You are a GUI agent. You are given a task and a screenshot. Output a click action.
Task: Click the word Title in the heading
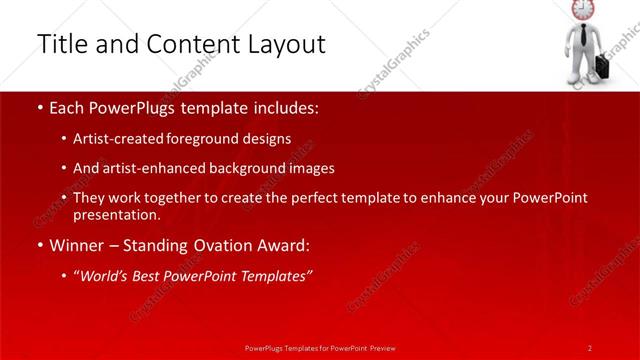[x=59, y=44]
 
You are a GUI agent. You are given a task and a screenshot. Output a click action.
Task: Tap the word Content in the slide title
[x=192, y=44]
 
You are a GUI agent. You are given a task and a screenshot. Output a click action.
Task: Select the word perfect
[x=317, y=198]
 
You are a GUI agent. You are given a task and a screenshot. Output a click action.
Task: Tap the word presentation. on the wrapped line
[x=116, y=214]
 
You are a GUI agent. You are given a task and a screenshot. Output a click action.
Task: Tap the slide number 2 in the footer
[x=590, y=347]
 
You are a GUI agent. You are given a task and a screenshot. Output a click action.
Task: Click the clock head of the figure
[x=582, y=9]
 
